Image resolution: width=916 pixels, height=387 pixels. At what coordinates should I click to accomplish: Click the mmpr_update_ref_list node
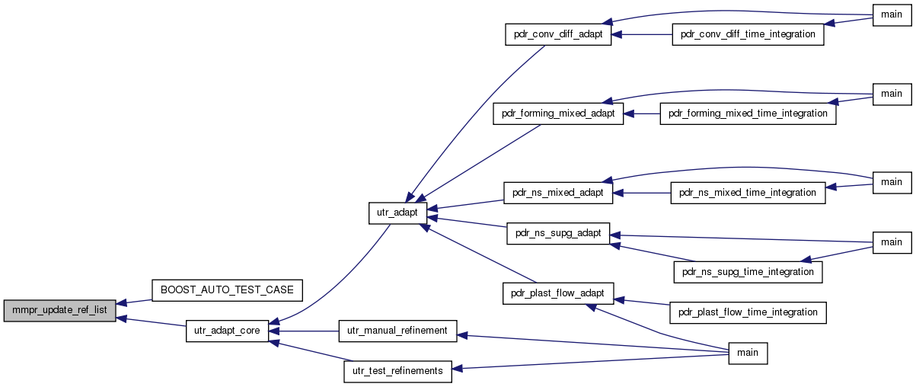pyautogui.click(x=59, y=311)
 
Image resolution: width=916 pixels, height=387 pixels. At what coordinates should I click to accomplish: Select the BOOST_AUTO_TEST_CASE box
pyautogui.click(x=227, y=290)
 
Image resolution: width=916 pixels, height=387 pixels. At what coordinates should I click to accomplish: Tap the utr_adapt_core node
pyautogui.click(x=227, y=331)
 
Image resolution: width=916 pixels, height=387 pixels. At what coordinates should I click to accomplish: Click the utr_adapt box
pyautogui.click(x=397, y=213)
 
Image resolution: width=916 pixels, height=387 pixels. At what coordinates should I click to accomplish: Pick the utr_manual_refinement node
pyautogui.click(x=397, y=331)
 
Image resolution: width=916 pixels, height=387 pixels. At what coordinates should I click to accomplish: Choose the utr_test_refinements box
pyautogui.click(x=397, y=372)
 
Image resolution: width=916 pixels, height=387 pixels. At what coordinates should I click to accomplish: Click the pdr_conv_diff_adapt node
pyautogui.click(x=558, y=34)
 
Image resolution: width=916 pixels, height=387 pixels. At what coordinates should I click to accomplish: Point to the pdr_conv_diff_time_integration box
pyautogui.click(x=748, y=34)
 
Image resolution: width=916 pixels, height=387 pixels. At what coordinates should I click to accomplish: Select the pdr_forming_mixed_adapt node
pyautogui.click(x=558, y=114)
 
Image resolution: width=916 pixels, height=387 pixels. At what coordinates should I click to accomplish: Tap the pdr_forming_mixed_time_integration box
pyautogui.click(x=748, y=114)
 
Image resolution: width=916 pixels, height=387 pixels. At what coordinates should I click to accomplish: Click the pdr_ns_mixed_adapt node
pyautogui.click(x=558, y=193)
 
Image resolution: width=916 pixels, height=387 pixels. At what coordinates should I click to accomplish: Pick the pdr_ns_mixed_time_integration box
pyautogui.click(x=748, y=193)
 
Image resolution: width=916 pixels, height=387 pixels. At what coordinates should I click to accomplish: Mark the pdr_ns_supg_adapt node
pyautogui.click(x=558, y=234)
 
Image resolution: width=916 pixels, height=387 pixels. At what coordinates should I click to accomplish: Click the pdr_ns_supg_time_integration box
pyautogui.click(x=748, y=272)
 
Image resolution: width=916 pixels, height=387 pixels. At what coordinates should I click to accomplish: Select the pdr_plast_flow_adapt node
pyautogui.click(x=558, y=293)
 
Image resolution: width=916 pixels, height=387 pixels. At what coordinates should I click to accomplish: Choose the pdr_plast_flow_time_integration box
pyautogui.click(x=748, y=312)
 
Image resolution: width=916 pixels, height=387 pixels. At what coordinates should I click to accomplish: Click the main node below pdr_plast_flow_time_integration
pyautogui.click(x=748, y=353)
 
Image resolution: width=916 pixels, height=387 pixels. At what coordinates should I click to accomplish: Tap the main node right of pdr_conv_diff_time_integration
pyautogui.click(x=892, y=15)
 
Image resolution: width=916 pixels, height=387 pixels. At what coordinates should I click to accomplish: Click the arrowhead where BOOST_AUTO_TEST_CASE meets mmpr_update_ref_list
pyautogui.click(x=122, y=303)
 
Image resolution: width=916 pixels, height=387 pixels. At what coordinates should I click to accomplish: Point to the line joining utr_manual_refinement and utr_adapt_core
pyautogui.click(x=303, y=331)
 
